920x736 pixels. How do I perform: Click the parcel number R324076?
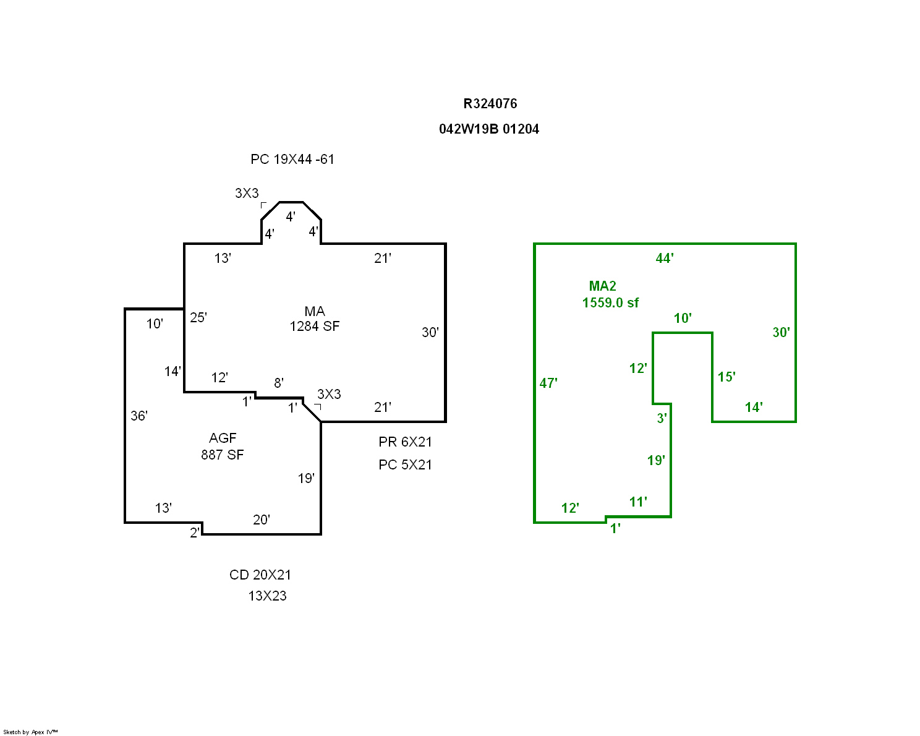point(490,104)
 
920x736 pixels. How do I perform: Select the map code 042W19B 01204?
point(488,129)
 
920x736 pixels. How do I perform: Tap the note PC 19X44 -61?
point(292,160)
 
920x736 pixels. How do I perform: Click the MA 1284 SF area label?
point(315,319)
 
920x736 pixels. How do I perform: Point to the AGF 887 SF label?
point(223,447)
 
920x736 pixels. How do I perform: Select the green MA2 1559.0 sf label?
point(610,294)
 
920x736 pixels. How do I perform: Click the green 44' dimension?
point(665,259)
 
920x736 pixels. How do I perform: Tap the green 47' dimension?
point(548,383)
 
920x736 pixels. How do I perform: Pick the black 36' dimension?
point(139,416)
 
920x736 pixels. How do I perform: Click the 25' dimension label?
point(198,318)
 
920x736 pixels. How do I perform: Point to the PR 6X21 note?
point(405,442)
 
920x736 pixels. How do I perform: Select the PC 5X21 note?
point(405,465)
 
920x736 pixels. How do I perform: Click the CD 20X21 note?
point(260,575)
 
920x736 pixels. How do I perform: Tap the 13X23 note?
point(267,596)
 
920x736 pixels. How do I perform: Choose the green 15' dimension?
point(726,377)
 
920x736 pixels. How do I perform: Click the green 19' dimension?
point(656,461)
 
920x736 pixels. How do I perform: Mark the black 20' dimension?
point(262,520)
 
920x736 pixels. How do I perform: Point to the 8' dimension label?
point(279,383)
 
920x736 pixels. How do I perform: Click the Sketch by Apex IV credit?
point(30,732)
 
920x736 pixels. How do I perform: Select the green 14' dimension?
point(754,408)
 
